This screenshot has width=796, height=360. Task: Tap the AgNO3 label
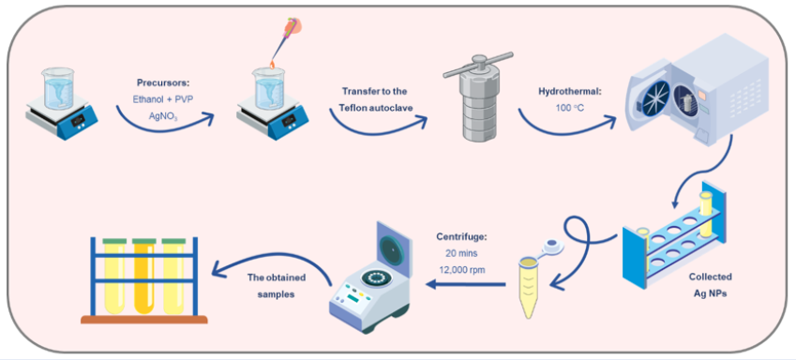[x=163, y=116]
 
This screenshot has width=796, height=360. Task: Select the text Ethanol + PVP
[x=162, y=99]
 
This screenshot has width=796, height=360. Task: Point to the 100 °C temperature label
[x=564, y=108]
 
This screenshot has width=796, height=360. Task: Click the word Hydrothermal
[x=564, y=91]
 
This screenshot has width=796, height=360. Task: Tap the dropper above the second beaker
[x=284, y=41]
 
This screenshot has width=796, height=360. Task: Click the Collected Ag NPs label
[x=710, y=285]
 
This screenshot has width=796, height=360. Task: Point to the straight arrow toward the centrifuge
[x=466, y=285]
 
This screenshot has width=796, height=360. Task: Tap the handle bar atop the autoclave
[x=478, y=65]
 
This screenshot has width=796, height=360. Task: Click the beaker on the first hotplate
[x=59, y=88]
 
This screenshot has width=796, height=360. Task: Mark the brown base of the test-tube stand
[x=144, y=320]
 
